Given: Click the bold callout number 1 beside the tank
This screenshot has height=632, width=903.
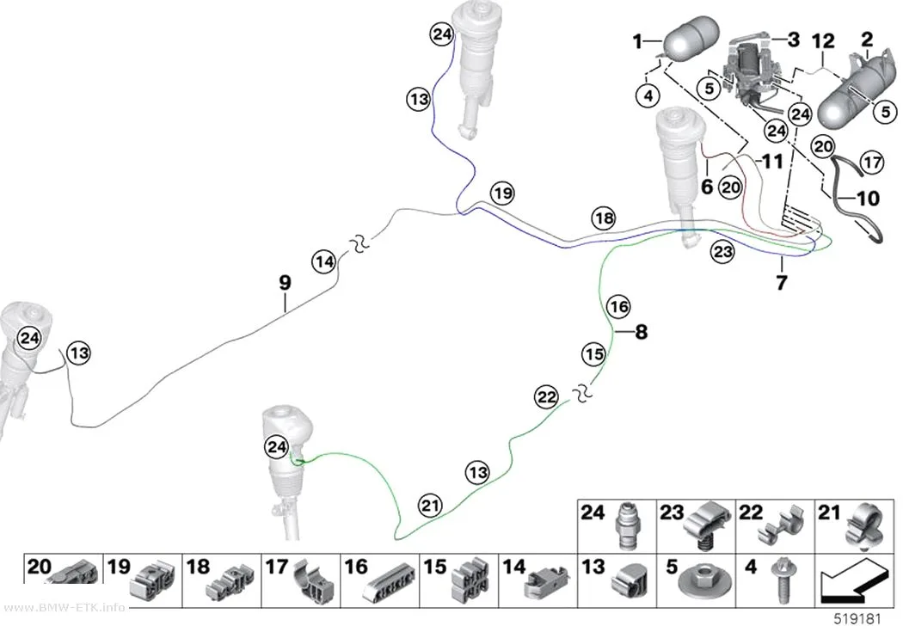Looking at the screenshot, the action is coord(636,41).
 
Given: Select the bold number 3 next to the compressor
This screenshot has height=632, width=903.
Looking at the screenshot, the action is coord(794,40).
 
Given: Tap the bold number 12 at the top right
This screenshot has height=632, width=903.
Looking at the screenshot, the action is coord(823,41).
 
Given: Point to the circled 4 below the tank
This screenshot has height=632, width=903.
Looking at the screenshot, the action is coord(648,95).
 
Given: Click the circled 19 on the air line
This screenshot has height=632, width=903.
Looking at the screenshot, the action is coord(503,193).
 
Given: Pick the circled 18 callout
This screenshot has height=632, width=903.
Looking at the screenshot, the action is coord(604,218).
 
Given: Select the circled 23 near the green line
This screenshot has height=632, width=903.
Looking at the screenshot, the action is coord(722,252).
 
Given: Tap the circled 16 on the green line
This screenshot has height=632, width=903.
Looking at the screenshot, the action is coord(619,306).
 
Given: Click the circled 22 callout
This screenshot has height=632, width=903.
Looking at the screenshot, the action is coord(546,396).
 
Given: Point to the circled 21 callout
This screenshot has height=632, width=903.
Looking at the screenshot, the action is coord(430,506).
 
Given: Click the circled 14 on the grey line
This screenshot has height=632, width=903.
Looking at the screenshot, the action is coord(324,262).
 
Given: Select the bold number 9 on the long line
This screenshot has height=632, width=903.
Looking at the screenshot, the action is coord(285,283).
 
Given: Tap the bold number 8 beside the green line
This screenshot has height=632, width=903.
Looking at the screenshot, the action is coord(641,332).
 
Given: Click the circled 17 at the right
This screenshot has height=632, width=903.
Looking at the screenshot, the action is coord(872,163).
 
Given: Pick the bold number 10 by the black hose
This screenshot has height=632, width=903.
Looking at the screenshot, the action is coord(869,199).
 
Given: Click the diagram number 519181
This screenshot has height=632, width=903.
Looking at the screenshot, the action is coord(858,619).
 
